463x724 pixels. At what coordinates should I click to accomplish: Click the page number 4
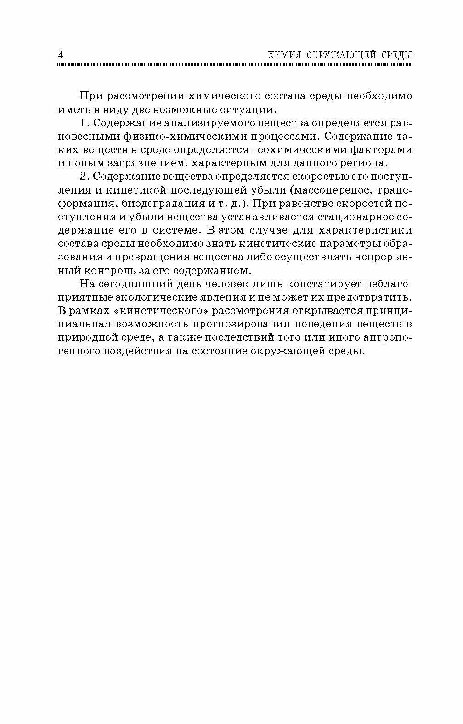tap(61, 54)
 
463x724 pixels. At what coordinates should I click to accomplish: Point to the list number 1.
tap(83, 123)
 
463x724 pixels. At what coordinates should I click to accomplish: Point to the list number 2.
tap(83, 177)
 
